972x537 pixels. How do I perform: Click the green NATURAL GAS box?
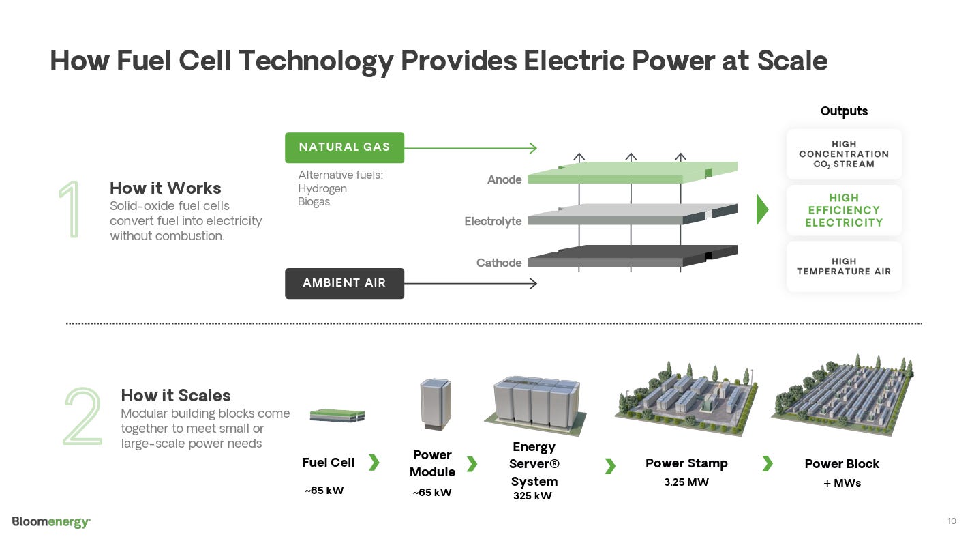(x=344, y=147)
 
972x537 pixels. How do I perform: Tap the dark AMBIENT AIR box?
(x=344, y=283)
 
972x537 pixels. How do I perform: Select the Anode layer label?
(x=504, y=180)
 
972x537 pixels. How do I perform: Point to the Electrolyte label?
(x=493, y=222)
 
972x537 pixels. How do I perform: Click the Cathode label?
(x=499, y=263)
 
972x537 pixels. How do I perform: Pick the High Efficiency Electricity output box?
(x=844, y=210)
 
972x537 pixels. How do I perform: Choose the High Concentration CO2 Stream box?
(x=844, y=154)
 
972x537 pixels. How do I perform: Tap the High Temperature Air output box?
(x=844, y=266)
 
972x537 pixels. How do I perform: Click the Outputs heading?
(x=844, y=111)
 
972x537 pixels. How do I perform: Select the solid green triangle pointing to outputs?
(x=762, y=210)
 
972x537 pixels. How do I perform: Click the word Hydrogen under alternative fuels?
(x=322, y=189)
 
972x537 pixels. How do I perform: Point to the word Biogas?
(x=314, y=202)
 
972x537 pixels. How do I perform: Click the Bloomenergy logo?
(x=51, y=522)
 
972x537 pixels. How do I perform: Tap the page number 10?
(x=952, y=521)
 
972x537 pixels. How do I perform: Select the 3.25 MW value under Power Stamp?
(x=686, y=482)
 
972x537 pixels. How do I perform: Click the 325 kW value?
(x=532, y=496)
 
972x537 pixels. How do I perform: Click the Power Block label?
(x=842, y=464)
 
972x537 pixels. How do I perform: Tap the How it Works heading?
(x=166, y=188)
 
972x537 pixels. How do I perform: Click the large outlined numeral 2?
(x=82, y=416)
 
